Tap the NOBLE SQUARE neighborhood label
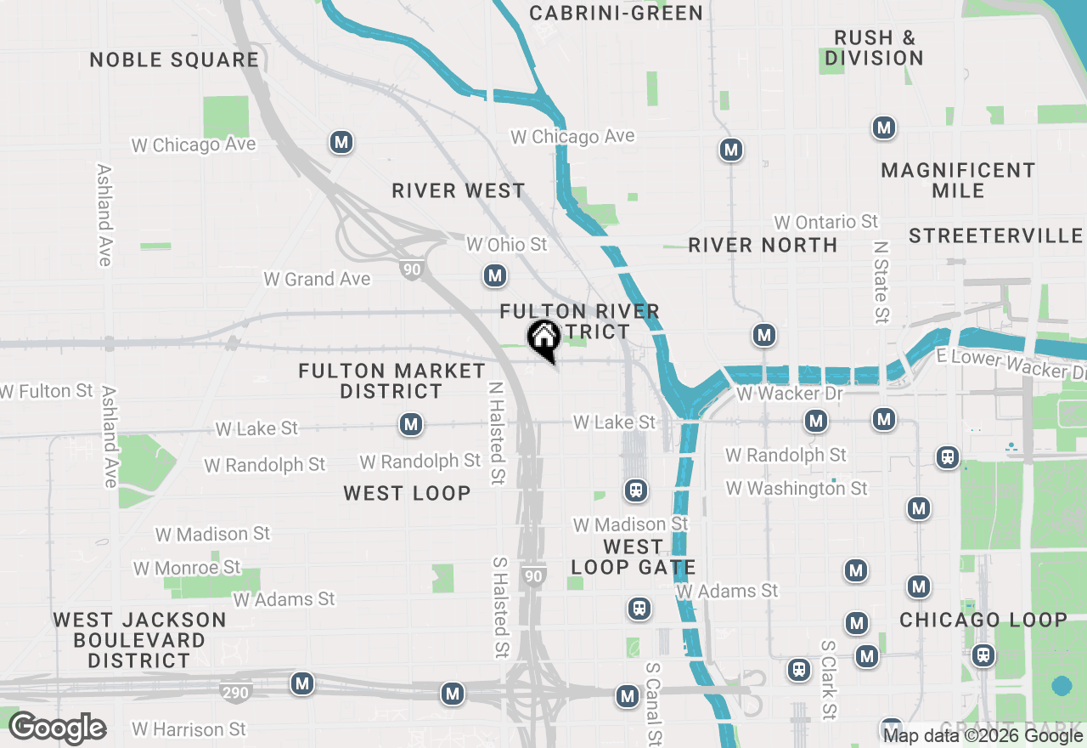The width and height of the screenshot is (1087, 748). (174, 59)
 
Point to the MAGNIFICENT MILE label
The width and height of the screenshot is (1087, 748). (958, 180)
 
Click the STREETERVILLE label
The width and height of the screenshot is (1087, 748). (995, 235)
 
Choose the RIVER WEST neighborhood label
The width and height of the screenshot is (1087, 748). (459, 190)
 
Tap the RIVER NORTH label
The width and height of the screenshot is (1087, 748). (763, 245)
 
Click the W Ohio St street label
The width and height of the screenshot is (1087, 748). (507, 245)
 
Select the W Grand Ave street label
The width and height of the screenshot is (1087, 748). (317, 279)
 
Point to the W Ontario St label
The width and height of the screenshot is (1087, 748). (825, 222)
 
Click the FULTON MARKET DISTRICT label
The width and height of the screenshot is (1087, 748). (391, 381)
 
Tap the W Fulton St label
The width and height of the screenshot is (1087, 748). (47, 391)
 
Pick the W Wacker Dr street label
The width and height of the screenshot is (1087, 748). (790, 394)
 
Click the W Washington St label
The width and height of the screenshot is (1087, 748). (797, 488)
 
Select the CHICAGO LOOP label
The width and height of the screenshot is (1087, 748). (983, 620)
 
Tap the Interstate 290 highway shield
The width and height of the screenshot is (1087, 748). (235, 692)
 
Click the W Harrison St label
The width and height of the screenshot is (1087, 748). (189, 729)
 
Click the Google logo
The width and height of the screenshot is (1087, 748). (57, 728)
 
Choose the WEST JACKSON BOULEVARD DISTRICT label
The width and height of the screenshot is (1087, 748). (139, 640)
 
